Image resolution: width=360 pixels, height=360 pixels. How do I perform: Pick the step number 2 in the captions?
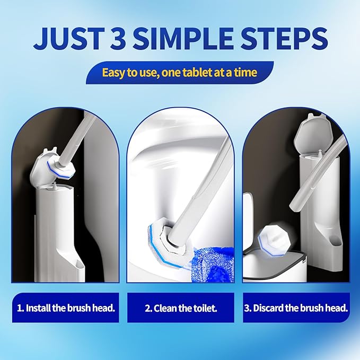148,308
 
